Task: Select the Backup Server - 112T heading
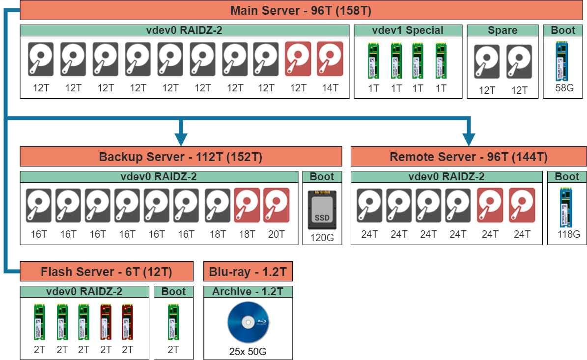click(x=181, y=157)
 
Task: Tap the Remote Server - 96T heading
click(x=469, y=157)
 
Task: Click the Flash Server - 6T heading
click(x=106, y=272)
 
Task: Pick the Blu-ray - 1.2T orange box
click(x=248, y=272)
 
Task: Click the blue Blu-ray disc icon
click(x=248, y=322)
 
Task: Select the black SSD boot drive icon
click(x=322, y=209)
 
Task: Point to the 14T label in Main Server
click(x=330, y=88)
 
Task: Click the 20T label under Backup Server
click(x=276, y=234)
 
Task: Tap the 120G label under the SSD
click(x=322, y=238)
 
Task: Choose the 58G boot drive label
click(x=564, y=88)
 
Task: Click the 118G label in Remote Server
click(x=569, y=234)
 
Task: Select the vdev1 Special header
click(x=408, y=30)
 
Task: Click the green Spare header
click(x=502, y=30)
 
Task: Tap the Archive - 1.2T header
click(x=248, y=292)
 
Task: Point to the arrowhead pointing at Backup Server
click(x=181, y=139)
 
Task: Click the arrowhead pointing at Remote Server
click(x=469, y=139)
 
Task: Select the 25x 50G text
click(x=248, y=352)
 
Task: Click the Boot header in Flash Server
click(x=173, y=292)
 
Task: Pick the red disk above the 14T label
click(x=330, y=59)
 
